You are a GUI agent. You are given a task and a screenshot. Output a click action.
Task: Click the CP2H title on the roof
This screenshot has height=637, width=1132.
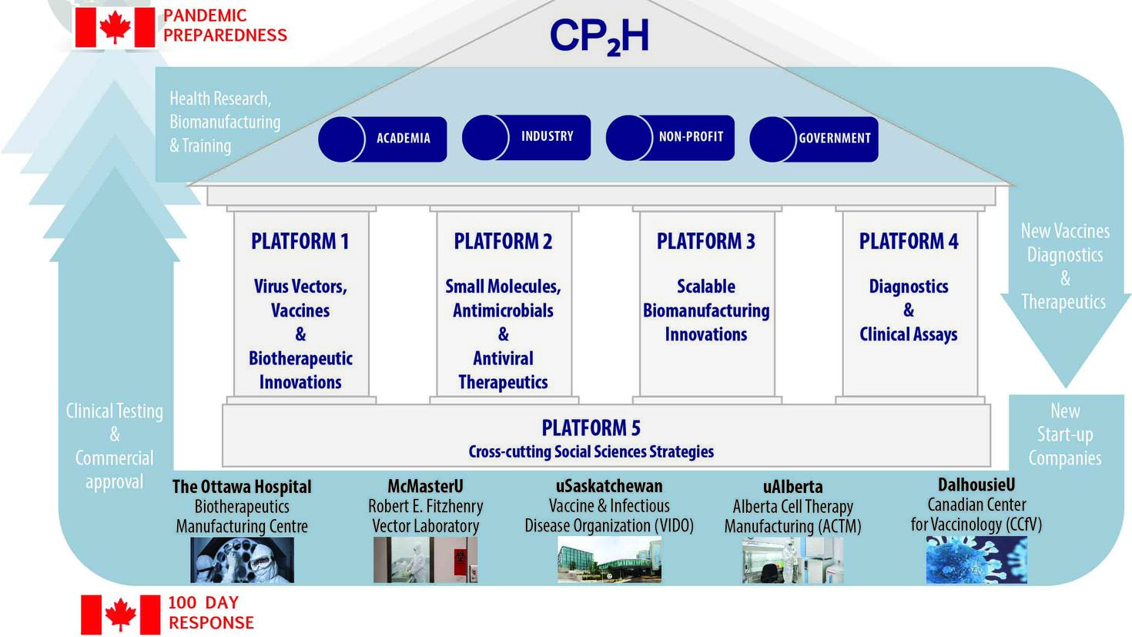599,36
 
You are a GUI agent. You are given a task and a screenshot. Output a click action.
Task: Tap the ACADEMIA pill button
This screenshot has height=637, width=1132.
383,139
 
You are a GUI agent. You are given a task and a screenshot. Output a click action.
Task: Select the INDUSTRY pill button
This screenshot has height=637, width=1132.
527,137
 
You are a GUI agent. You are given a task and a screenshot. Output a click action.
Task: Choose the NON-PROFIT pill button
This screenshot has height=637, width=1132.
670,137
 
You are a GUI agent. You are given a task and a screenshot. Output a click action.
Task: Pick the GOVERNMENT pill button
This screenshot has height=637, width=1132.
814,139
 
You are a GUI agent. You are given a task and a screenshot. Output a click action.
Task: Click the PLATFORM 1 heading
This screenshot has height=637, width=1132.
300,241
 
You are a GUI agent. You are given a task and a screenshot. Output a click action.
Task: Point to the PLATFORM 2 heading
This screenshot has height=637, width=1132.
503,241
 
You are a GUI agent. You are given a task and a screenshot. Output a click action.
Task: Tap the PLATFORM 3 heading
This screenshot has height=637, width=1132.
705,241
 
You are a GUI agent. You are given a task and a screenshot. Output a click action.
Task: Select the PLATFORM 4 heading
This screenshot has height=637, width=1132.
909,241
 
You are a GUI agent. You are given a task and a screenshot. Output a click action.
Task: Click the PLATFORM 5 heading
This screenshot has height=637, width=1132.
591,427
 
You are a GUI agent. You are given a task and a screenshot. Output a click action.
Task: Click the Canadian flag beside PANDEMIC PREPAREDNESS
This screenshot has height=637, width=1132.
114,28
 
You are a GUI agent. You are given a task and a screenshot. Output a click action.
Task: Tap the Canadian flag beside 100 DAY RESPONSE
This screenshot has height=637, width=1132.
120,614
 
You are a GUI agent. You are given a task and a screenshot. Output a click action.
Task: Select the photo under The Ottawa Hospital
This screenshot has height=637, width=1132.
242,559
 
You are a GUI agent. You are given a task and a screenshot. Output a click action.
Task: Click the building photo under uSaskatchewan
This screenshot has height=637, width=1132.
609,559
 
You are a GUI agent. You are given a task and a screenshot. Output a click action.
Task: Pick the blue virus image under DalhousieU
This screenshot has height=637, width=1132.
976,559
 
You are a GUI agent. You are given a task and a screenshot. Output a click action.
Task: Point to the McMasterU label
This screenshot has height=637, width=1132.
425,487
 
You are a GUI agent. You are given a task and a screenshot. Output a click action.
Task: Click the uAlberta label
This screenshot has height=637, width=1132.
792,487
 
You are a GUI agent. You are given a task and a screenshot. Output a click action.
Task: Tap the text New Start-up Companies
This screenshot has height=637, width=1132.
1065,434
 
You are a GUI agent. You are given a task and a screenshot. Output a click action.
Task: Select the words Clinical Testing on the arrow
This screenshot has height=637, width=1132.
114,411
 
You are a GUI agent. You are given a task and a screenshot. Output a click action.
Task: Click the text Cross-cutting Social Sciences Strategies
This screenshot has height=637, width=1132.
591,451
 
